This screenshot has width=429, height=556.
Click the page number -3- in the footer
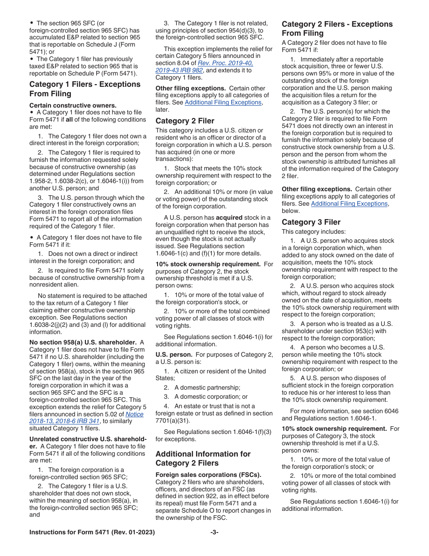click(x=214, y=532)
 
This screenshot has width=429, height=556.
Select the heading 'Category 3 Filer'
click(x=311, y=222)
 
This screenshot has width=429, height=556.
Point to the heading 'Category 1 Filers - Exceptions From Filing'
click(x=85, y=89)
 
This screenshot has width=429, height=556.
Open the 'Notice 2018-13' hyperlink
click(x=134, y=414)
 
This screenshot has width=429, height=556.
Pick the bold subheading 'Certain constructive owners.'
click(x=66, y=105)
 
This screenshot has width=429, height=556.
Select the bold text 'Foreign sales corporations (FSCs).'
click(x=208, y=475)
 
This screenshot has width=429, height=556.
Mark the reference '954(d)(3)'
click(x=244, y=31)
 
